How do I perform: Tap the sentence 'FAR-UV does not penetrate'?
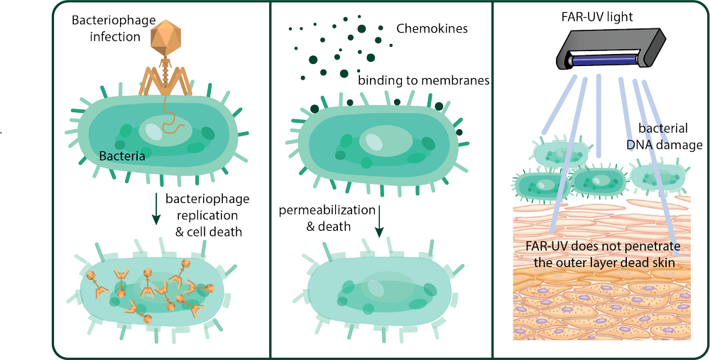click(603, 248)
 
